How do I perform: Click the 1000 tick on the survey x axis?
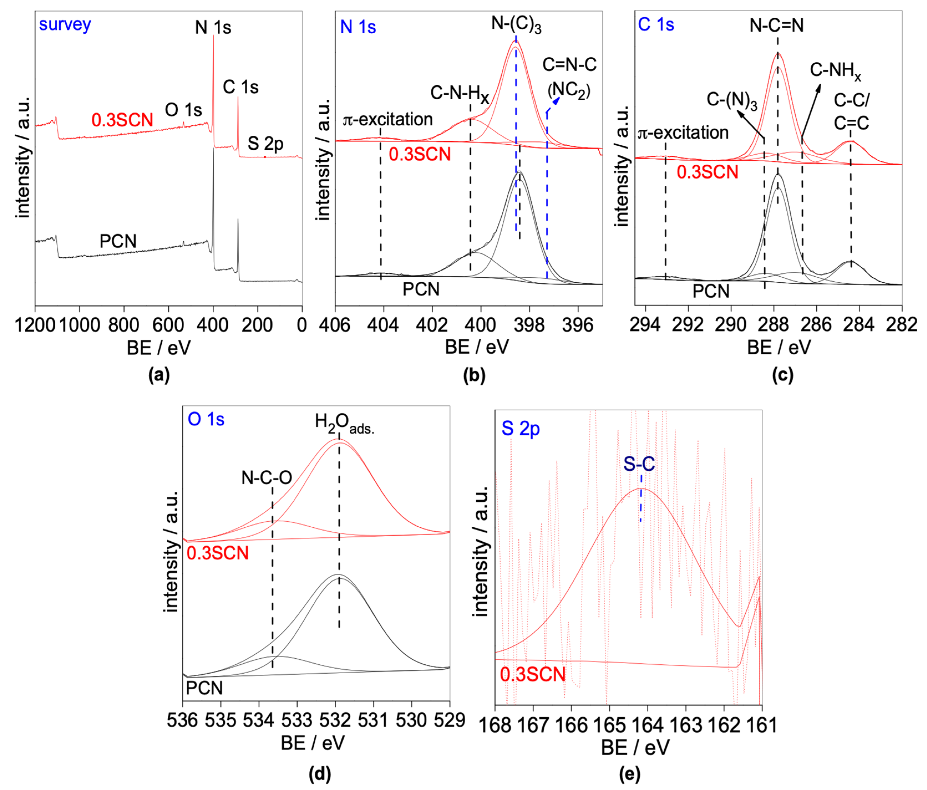[79, 325]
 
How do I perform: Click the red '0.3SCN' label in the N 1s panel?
[420, 154]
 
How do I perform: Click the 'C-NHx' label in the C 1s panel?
[835, 71]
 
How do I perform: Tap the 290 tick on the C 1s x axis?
[731, 325]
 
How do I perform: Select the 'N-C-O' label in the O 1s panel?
[267, 478]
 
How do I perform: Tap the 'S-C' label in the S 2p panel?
[639, 464]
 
